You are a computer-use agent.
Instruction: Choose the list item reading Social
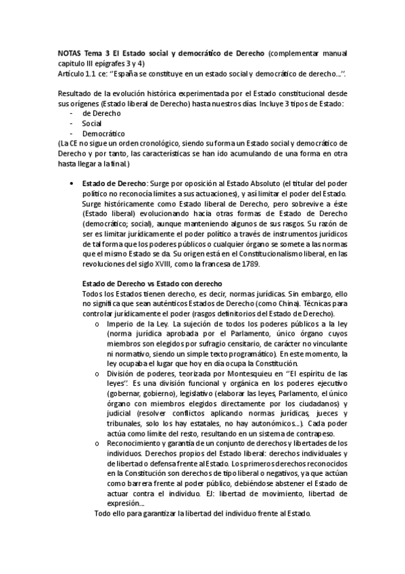point(93,124)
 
